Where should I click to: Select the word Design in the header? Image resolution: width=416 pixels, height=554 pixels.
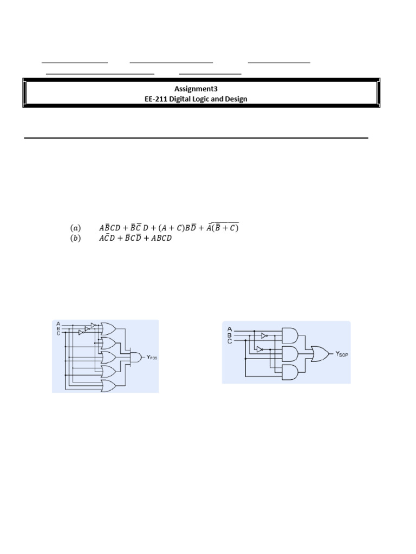coord(236,99)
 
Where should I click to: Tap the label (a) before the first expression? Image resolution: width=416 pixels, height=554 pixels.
coord(75,228)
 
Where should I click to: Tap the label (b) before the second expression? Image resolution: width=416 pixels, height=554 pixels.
coord(75,239)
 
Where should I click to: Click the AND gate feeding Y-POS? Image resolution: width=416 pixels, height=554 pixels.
coord(133,357)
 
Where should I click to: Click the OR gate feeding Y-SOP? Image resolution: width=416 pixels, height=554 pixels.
coord(318,354)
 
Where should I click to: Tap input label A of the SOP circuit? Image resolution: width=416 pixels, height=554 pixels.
coord(230,328)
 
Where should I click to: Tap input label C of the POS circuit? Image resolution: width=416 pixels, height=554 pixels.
coord(58,333)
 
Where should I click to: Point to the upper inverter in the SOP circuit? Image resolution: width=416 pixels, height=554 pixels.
coord(264,335)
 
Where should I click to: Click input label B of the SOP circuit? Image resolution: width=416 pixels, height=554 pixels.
coord(230,335)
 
